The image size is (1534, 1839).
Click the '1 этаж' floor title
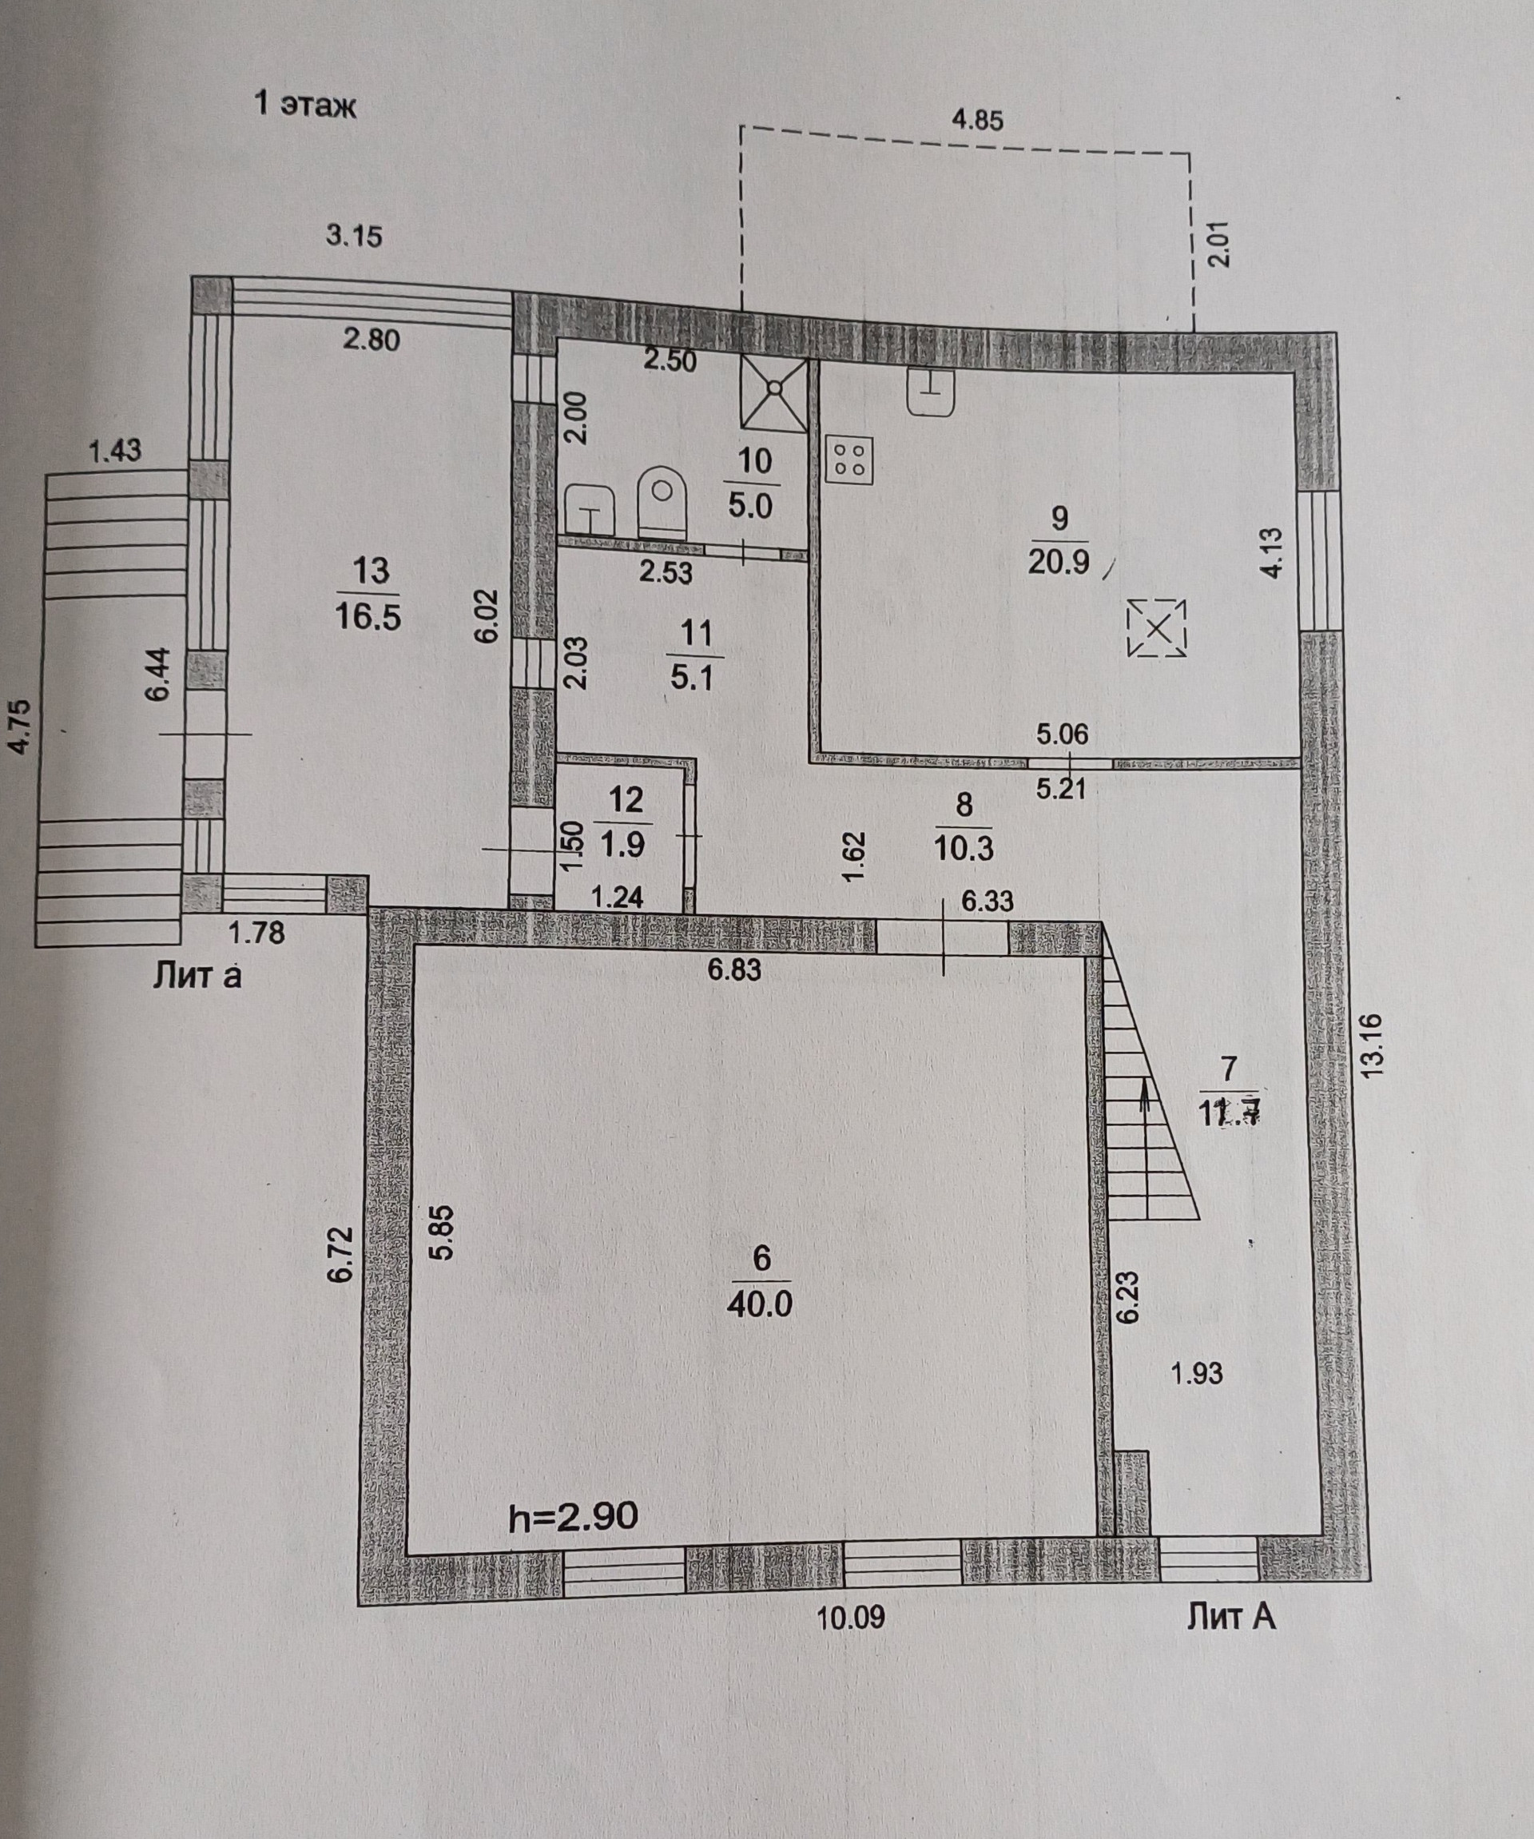coord(304,105)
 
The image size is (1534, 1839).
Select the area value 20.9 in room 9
coord(1059,560)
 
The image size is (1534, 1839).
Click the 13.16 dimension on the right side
coord(1370,1044)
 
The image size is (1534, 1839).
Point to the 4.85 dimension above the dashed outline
coord(977,119)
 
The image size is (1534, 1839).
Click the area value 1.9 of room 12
coord(622,844)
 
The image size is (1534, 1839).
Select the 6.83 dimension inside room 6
coord(733,969)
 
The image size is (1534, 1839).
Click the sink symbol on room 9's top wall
coord(932,392)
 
